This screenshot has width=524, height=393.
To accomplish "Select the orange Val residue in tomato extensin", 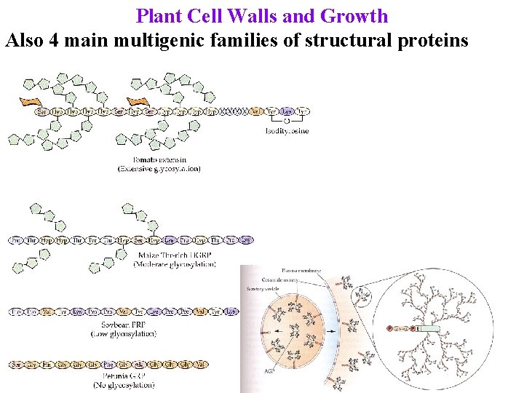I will coord(255,112).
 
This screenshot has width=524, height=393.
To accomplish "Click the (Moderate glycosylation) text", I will coord(175,264).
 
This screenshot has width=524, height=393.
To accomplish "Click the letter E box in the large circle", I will coord(419,329).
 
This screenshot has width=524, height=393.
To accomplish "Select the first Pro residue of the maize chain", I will coord(16,239).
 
